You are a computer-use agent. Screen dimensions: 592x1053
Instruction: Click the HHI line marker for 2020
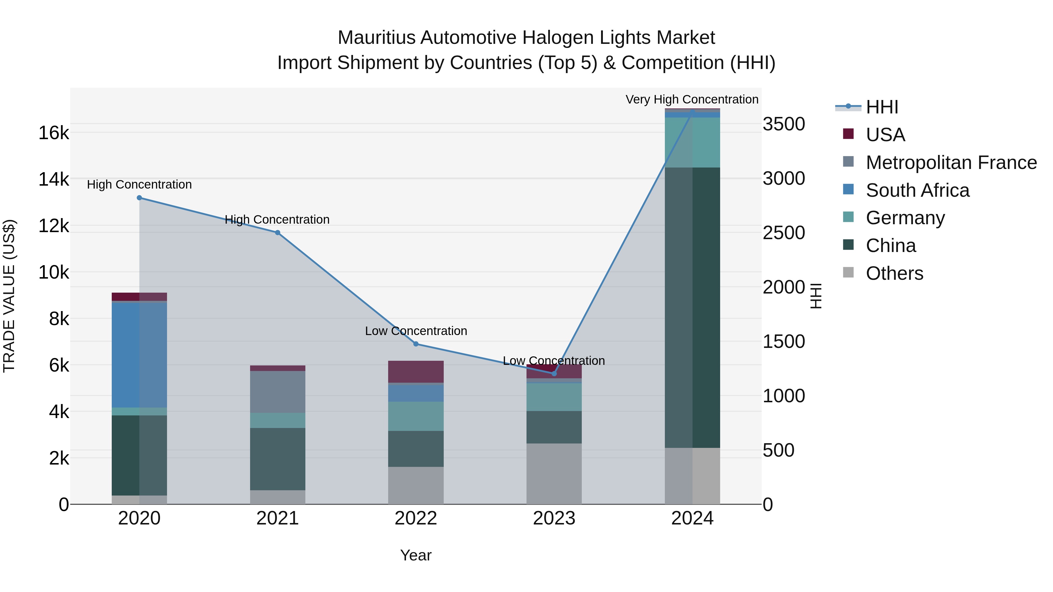pyautogui.click(x=140, y=198)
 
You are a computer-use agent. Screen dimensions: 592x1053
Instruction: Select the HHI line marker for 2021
pyautogui.click(x=278, y=232)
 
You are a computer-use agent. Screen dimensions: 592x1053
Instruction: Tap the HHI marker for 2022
pyautogui.click(x=416, y=344)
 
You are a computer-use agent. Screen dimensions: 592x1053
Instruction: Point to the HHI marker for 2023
pyautogui.click(x=554, y=373)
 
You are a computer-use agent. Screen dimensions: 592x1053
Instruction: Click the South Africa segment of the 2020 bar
pyautogui.click(x=140, y=355)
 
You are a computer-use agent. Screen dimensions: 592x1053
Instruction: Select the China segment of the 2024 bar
pyautogui.click(x=692, y=307)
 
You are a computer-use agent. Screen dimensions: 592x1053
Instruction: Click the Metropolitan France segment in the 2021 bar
pyautogui.click(x=278, y=392)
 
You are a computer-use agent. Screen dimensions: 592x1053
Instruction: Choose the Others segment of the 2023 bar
pyautogui.click(x=554, y=474)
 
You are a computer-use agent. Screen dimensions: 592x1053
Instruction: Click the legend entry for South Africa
pyautogui.click(x=917, y=190)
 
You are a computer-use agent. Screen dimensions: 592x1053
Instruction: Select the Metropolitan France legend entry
pyautogui.click(x=951, y=163)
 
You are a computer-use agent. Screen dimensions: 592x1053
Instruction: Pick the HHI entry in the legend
pyautogui.click(x=882, y=107)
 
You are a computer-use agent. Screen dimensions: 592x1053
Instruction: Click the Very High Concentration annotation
pyautogui.click(x=692, y=100)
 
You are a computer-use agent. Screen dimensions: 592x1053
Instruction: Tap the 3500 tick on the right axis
pyautogui.click(x=784, y=124)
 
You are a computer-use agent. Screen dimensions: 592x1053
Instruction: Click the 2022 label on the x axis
pyautogui.click(x=416, y=518)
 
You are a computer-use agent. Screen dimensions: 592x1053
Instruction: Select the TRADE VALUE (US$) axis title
pyautogui.click(x=9, y=296)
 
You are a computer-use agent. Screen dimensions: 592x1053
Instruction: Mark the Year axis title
pyautogui.click(x=416, y=555)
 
